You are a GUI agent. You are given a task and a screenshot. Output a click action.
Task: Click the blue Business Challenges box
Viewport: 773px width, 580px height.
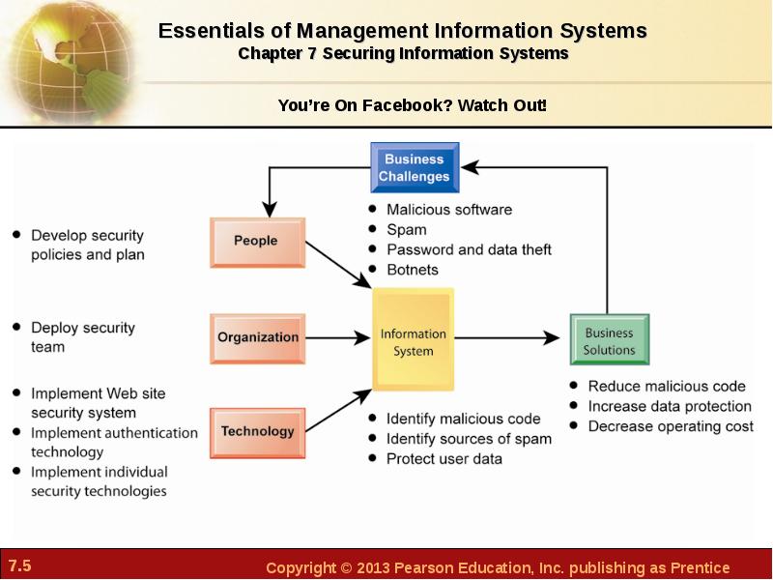pyautogui.click(x=415, y=167)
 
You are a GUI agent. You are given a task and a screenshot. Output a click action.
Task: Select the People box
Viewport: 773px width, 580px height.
pyautogui.click(x=257, y=243)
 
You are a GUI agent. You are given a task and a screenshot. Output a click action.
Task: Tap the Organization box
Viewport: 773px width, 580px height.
pyautogui.click(x=257, y=338)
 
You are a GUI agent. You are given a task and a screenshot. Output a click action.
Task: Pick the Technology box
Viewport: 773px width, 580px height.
pyautogui.click(x=257, y=432)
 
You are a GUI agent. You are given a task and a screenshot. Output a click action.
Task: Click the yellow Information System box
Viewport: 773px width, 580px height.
pyautogui.click(x=414, y=339)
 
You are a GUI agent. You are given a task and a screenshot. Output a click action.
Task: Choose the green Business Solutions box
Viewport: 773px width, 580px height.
pyautogui.click(x=610, y=339)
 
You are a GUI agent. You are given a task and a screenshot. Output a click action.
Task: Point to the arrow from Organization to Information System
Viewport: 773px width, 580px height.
pyautogui.click(x=337, y=337)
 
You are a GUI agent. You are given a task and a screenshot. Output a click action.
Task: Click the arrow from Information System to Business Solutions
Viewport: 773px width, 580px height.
pyautogui.click(x=506, y=337)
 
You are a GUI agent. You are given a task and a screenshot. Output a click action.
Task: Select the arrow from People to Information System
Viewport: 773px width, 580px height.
pyautogui.click(x=338, y=264)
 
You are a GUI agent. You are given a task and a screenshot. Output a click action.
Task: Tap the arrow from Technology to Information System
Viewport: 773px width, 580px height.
pyautogui.click(x=338, y=410)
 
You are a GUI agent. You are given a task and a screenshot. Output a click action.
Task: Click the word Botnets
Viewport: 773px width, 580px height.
pyautogui.click(x=413, y=270)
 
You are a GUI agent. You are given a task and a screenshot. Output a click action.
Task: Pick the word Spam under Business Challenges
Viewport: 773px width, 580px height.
pyautogui.click(x=407, y=230)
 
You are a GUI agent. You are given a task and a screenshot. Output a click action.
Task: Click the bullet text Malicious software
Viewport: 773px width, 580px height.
pyautogui.click(x=449, y=210)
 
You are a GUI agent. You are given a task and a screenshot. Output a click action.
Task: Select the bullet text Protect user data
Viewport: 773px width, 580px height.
pyautogui.click(x=444, y=458)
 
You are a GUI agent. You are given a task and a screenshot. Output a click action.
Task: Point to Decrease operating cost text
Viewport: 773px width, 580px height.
pyautogui.click(x=671, y=426)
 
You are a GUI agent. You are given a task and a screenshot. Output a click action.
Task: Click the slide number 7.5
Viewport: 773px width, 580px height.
pyautogui.click(x=19, y=565)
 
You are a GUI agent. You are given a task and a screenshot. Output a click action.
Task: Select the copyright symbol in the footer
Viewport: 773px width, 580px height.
pyautogui.click(x=346, y=567)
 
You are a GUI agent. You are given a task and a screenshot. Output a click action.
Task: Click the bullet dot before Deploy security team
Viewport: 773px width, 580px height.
pyautogui.click(x=16, y=327)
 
